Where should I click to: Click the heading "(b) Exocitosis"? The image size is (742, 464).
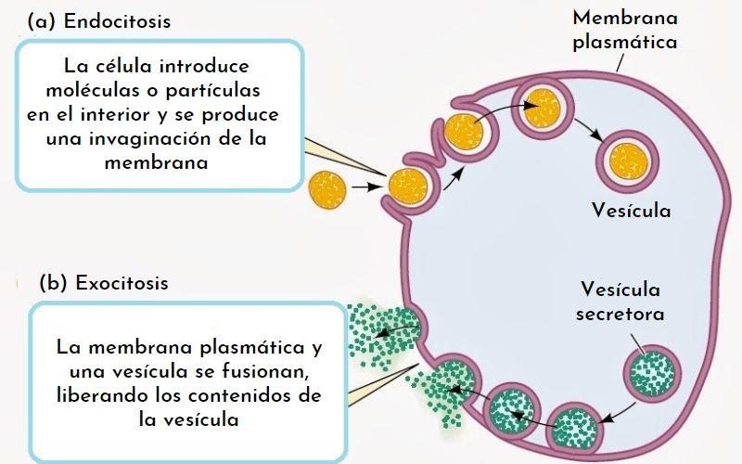(x=104, y=282)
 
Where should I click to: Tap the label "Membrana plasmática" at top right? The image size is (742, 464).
(x=624, y=30)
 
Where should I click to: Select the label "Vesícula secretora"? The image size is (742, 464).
(x=620, y=300)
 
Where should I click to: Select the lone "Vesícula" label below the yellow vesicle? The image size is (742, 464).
(x=631, y=211)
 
